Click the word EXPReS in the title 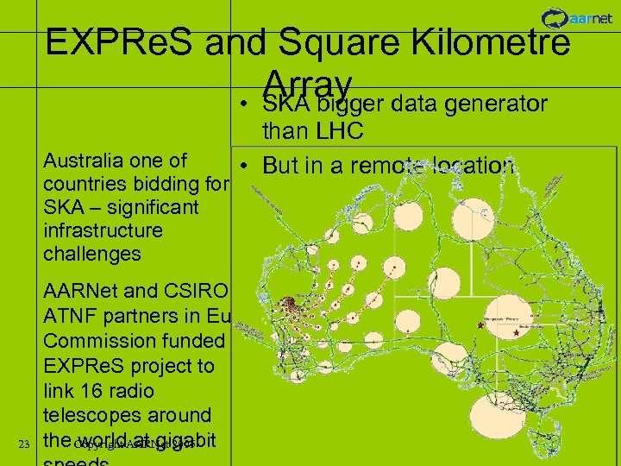pos(128,42)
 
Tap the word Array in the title pos(310,84)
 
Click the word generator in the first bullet pos(496,104)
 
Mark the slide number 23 pos(24,444)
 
